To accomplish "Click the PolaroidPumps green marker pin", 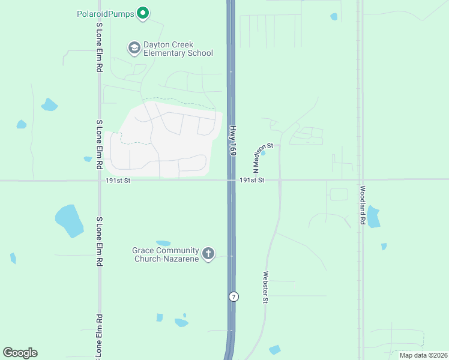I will pos(142,13).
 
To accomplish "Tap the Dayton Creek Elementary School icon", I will pos(134,47).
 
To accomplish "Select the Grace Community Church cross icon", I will pos(208,254).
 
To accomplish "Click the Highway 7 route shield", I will pos(234,296).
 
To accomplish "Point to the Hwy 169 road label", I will pos(233,140).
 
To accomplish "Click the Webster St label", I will pos(265,287).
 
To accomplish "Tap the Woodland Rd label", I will pos(363,204).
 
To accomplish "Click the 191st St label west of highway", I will pos(118,180).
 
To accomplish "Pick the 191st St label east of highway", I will pos(252,180).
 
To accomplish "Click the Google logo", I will pos(20,353).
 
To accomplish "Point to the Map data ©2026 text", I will pos(423,355).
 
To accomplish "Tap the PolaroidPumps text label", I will pos(105,13).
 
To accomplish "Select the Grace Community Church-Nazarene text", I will pos(166,254).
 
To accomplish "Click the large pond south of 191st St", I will pos(69,221).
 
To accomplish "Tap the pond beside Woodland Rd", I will pos(373,217).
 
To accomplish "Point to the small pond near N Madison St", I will pos(263,152).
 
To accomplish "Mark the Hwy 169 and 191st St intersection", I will pos(231,179).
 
